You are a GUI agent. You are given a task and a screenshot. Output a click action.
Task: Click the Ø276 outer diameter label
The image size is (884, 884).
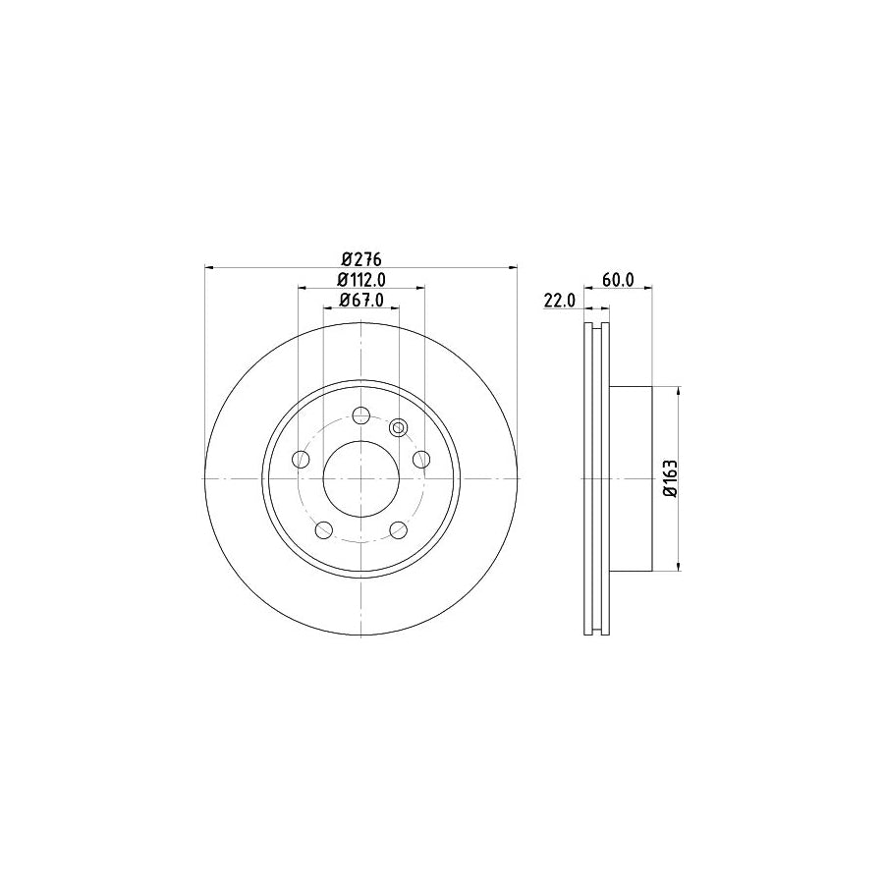tap(360, 259)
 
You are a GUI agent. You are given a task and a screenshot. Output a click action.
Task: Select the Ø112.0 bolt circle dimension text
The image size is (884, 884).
tap(360, 280)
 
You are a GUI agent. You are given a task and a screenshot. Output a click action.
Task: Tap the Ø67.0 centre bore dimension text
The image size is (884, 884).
tap(360, 301)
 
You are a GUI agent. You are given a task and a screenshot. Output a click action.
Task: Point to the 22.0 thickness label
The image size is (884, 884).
tap(558, 302)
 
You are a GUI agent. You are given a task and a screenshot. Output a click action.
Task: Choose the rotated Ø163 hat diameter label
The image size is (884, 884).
tap(670, 478)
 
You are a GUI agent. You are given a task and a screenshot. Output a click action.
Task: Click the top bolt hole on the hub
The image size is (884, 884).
tap(360, 414)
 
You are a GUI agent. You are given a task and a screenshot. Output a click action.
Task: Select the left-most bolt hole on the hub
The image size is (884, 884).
tap(301, 459)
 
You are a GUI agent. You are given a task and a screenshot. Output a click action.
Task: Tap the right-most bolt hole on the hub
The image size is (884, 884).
tap(421, 459)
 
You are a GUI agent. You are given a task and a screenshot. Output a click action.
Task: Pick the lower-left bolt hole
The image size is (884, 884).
tap(323, 530)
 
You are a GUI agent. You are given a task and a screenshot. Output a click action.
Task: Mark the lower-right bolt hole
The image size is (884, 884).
tap(398, 530)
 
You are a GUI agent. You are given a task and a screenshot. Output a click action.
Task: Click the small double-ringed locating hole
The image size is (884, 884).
tap(398, 427)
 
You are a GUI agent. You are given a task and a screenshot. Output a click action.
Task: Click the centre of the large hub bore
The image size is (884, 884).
tap(360, 478)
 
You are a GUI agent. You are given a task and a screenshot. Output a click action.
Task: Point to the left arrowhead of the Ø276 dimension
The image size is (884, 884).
tap(209, 267)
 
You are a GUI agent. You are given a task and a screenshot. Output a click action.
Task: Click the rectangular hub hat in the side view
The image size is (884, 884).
tap(631, 478)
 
